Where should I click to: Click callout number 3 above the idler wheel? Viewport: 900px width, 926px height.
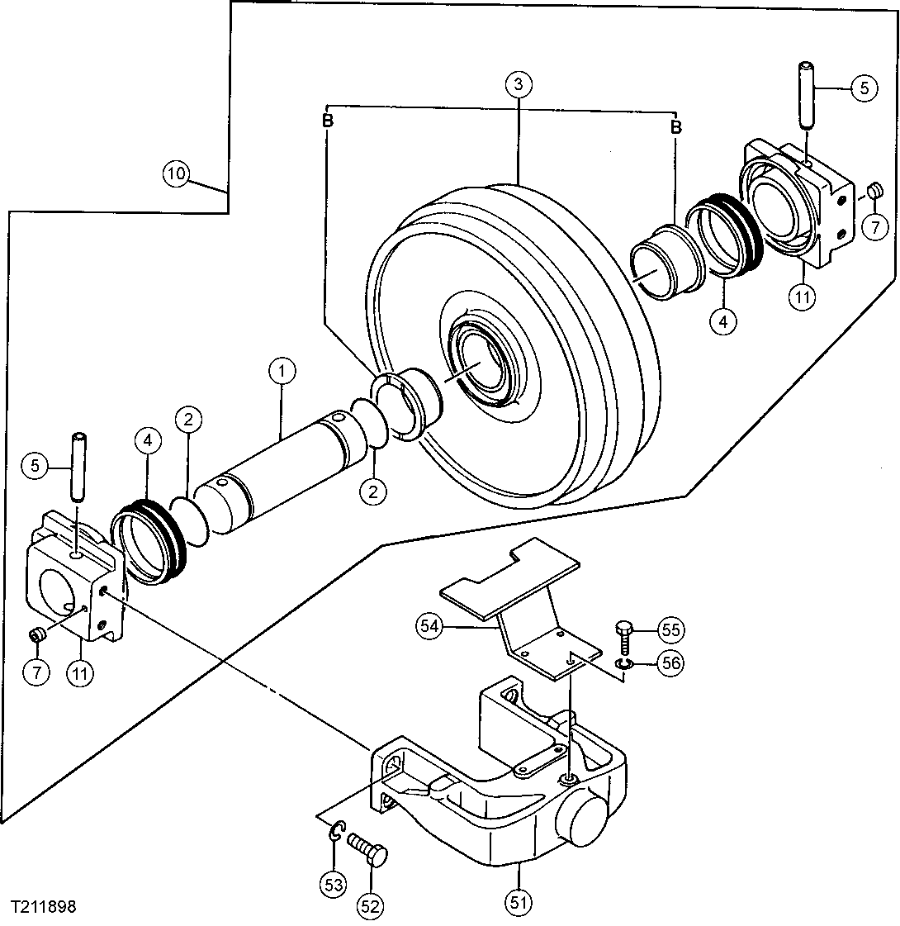click(518, 84)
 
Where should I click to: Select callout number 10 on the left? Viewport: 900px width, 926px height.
click(176, 173)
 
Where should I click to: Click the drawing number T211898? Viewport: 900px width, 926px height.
click(44, 906)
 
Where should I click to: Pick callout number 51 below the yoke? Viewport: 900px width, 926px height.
click(518, 903)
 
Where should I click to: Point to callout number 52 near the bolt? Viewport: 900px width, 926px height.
click(371, 906)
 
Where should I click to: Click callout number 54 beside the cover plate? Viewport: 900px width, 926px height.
click(428, 626)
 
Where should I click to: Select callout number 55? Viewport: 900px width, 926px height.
click(671, 630)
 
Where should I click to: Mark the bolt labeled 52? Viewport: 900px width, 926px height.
click(368, 851)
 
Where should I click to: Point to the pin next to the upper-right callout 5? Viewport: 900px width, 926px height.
click(808, 93)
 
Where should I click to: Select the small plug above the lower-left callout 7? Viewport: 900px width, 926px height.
click(36, 634)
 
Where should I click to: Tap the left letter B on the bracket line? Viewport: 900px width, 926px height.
click(328, 121)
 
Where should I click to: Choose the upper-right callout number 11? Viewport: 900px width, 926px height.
click(800, 297)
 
